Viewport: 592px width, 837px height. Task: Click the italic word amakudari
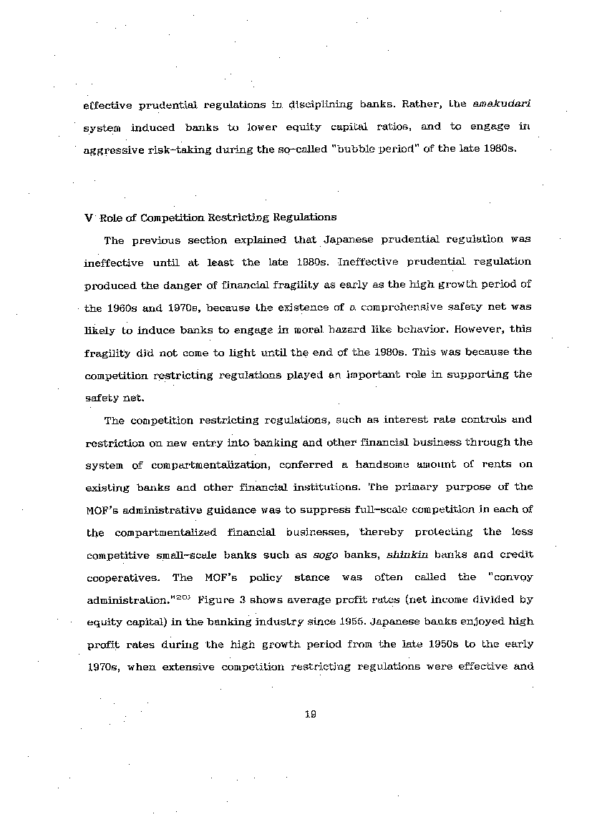[x=501, y=104]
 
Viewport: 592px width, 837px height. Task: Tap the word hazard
[x=354, y=331]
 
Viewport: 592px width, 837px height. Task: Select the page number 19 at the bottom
[x=310, y=713]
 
